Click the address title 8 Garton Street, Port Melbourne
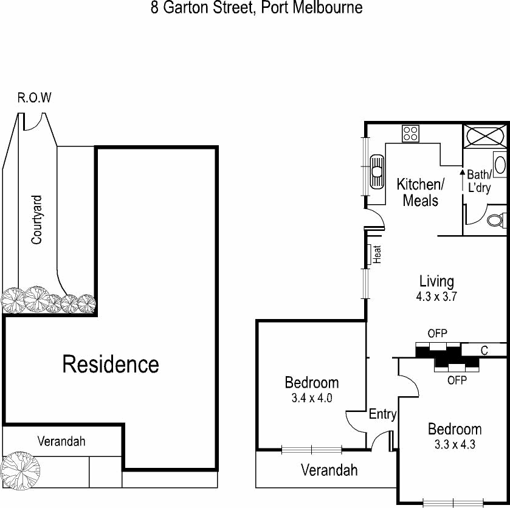[x=257, y=8]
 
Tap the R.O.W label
[x=35, y=98]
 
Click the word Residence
[x=111, y=364]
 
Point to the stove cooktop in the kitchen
[x=410, y=133]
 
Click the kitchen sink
[x=377, y=170]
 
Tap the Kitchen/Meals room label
[x=421, y=192]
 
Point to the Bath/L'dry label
[x=479, y=181]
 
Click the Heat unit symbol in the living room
[x=370, y=254]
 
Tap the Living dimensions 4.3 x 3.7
[x=436, y=297]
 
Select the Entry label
[x=382, y=414]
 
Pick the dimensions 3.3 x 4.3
[x=454, y=444]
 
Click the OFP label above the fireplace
[x=437, y=333]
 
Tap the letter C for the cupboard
[x=484, y=350]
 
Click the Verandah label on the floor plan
[x=329, y=470]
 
